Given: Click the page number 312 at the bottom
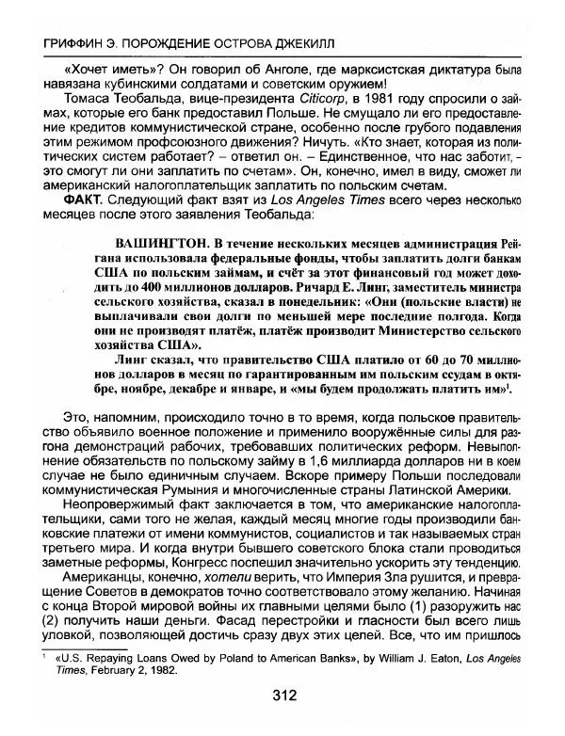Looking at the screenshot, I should click(283, 696).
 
